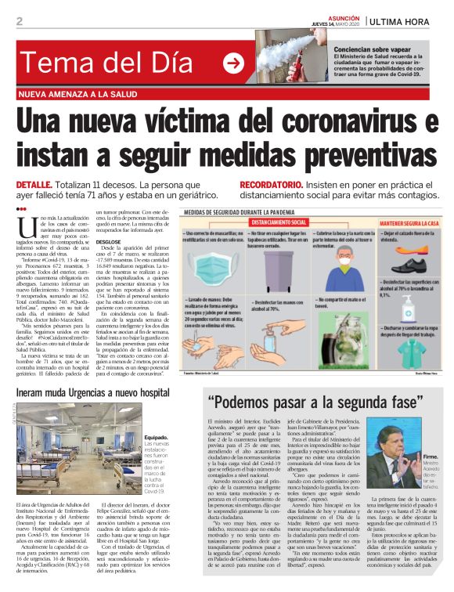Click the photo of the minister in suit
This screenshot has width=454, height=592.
(x=394, y=468)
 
